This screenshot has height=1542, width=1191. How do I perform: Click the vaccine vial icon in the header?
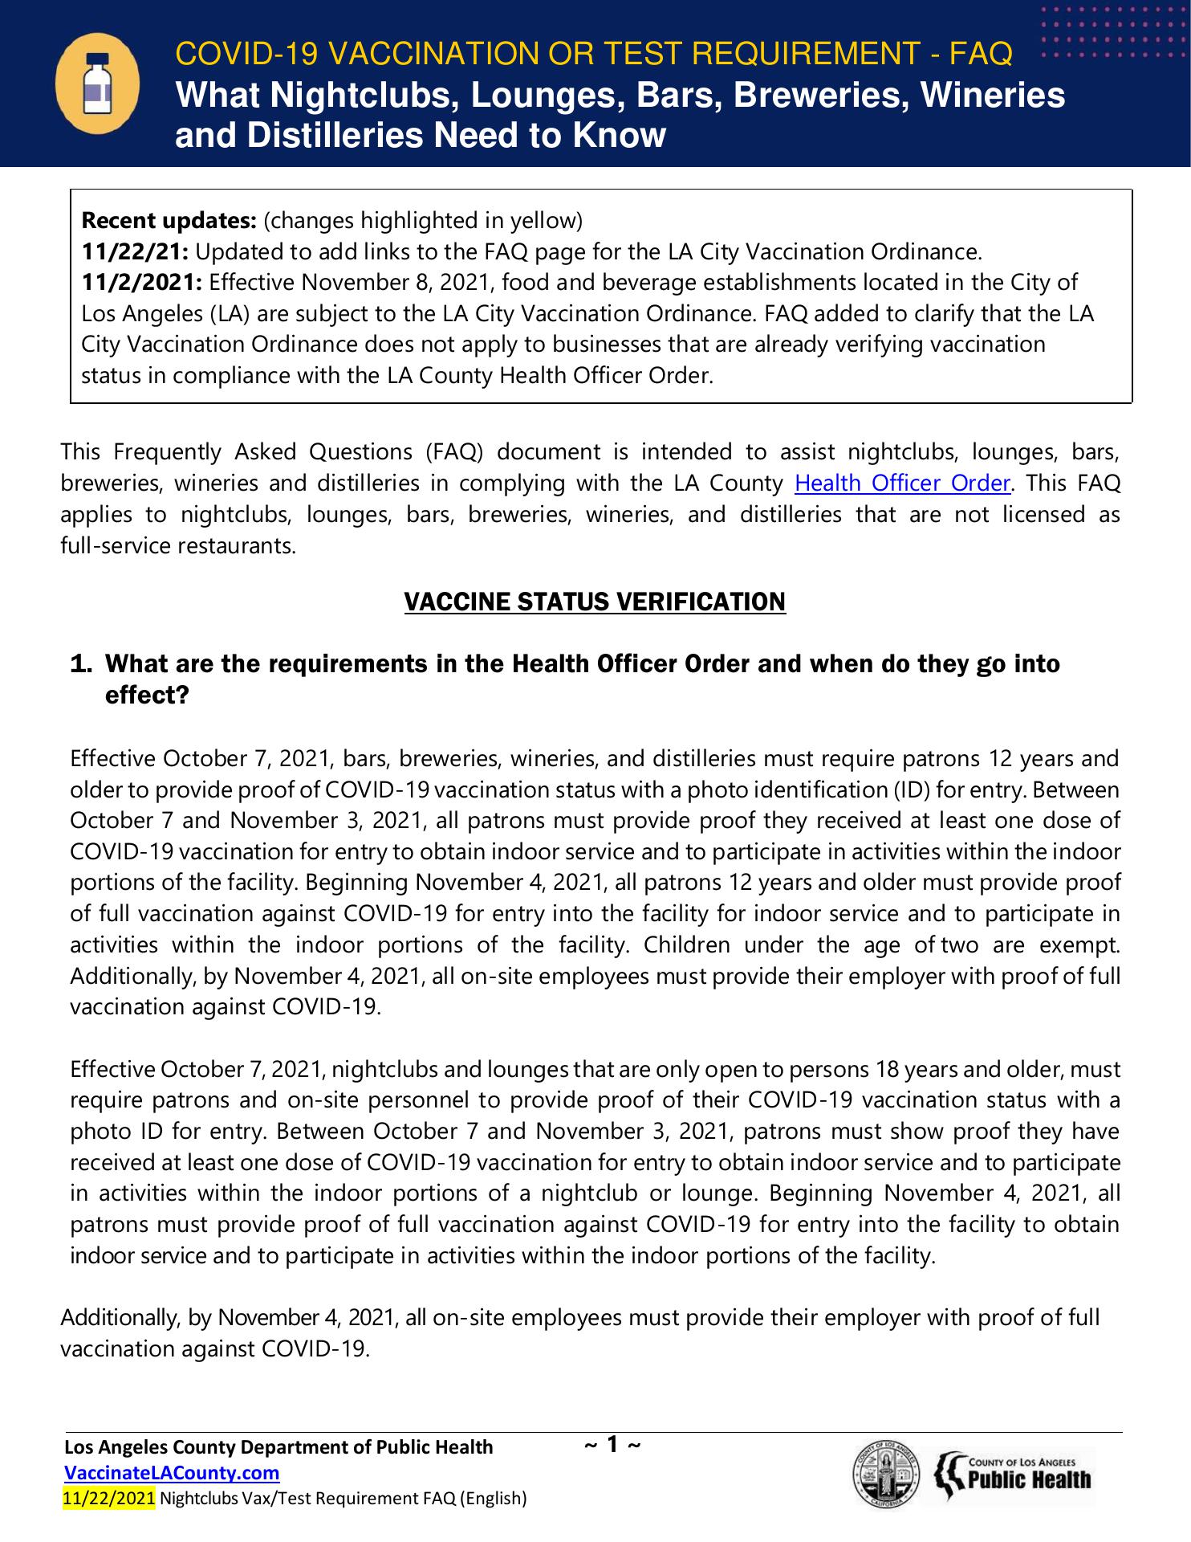click(97, 84)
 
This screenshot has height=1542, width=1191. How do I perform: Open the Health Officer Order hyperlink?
click(901, 483)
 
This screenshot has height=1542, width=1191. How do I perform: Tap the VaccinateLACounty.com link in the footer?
click(172, 1473)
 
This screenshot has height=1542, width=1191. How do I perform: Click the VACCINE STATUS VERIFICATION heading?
click(595, 602)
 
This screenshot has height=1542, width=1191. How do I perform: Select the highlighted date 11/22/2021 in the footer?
click(108, 1498)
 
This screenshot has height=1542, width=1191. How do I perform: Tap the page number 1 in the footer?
click(612, 1446)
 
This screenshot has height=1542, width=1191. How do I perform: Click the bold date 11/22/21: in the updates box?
click(136, 252)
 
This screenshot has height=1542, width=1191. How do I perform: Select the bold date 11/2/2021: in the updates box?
click(143, 283)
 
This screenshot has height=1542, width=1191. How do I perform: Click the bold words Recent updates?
click(169, 221)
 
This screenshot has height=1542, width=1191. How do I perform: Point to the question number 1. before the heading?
click(82, 664)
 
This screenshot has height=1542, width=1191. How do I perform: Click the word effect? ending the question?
click(147, 695)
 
